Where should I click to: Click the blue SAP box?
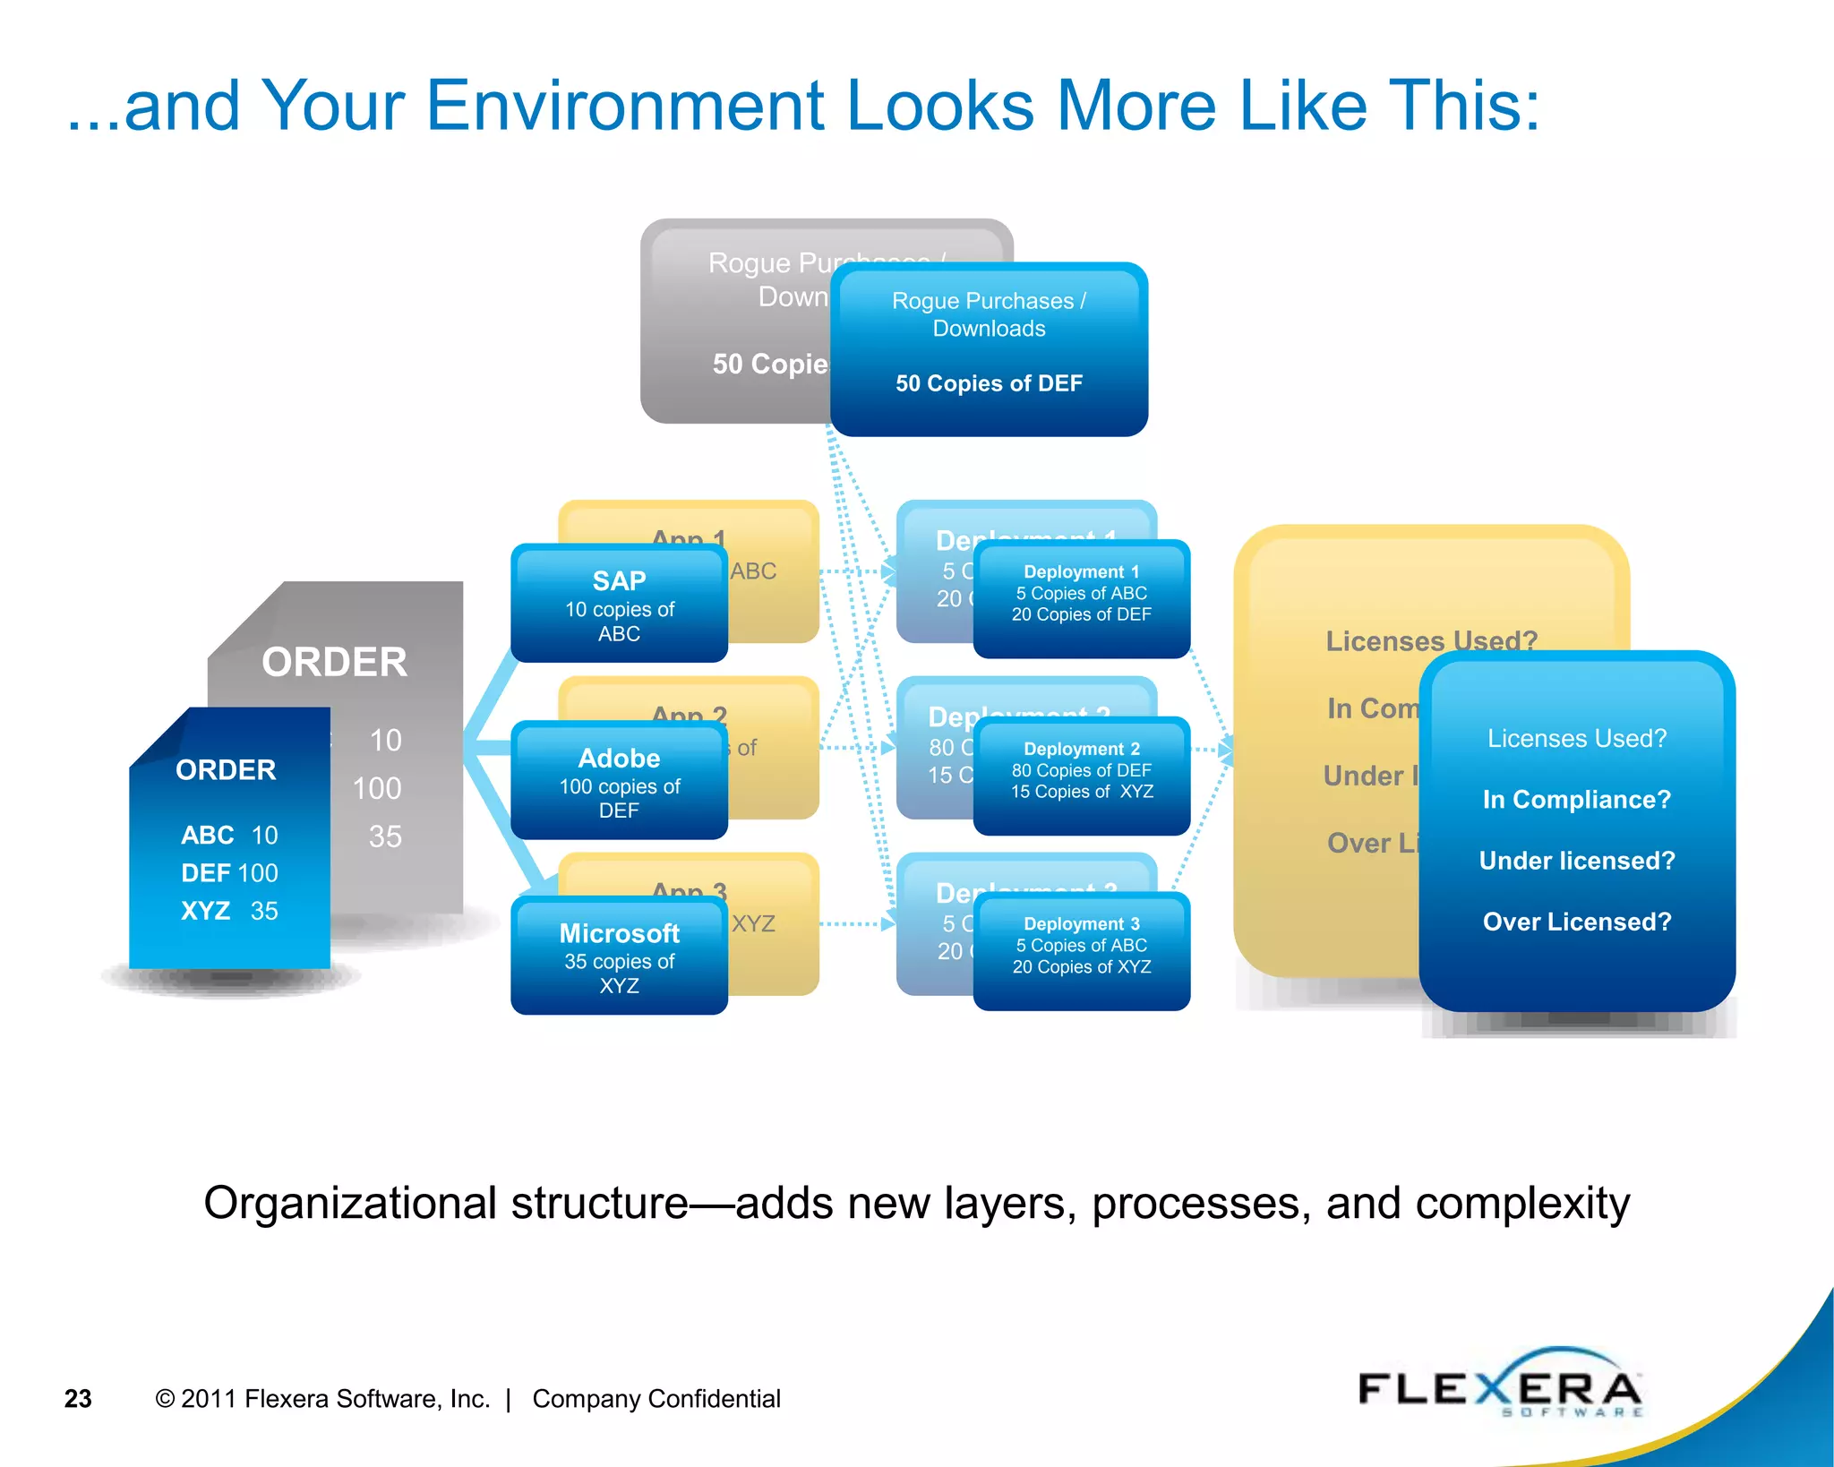pyautogui.click(x=619, y=604)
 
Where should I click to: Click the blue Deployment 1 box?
pyautogui.click(x=1081, y=597)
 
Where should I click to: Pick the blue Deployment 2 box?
pyautogui.click(x=1081, y=775)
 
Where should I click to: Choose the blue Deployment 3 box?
pyautogui.click(x=1081, y=950)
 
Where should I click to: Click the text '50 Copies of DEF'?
pyautogui.click(x=989, y=383)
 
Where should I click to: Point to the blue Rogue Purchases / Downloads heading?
pyautogui.click(x=989, y=314)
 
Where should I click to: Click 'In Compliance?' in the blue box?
pyautogui.click(x=1576, y=799)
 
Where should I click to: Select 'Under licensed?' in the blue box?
pyautogui.click(x=1576, y=861)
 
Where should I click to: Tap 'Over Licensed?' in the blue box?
pyautogui.click(x=1576, y=922)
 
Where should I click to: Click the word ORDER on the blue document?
pyautogui.click(x=226, y=770)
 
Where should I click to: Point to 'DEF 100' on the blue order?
pyautogui.click(x=229, y=872)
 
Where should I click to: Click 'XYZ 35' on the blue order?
pyautogui.click(x=229, y=911)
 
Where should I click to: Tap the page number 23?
pyautogui.click(x=78, y=1399)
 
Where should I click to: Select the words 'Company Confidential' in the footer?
pyautogui.click(x=656, y=1399)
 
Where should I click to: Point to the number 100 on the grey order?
pyautogui.click(x=377, y=788)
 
